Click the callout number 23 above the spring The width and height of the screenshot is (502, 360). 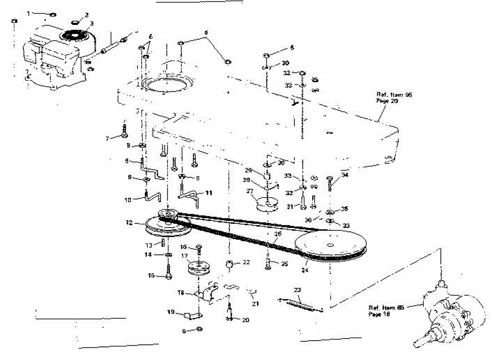(x=297, y=289)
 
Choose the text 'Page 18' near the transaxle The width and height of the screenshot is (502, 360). (x=377, y=314)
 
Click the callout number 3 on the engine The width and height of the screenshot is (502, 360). (x=92, y=23)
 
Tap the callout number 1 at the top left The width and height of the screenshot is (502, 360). (x=28, y=13)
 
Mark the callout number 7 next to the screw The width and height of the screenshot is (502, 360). (x=108, y=138)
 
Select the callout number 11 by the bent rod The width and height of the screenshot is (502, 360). (x=209, y=193)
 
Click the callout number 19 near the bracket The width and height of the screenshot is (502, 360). (x=171, y=311)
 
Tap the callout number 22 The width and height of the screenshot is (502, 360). (x=246, y=262)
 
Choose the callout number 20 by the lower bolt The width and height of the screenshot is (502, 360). (x=245, y=320)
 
